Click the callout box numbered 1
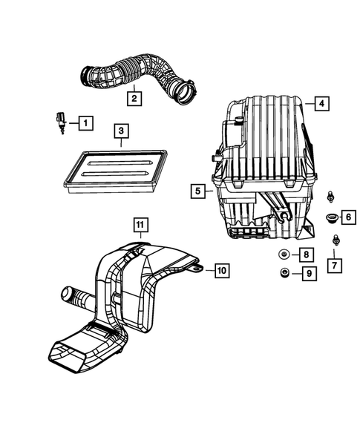pyautogui.click(x=85, y=122)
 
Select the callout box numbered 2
pyautogui.click(x=133, y=96)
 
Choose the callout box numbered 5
pyautogui.click(x=197, y=191)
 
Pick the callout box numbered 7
pyautogui.click(x=335, y=263)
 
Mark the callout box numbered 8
pyautogui.click(x=305, y=254)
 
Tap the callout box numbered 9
pyautogui.click(x=305, y=275)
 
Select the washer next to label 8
pyautogui.click(x=283, y=254)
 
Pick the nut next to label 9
pyautogui.click(x=283, y=275)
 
